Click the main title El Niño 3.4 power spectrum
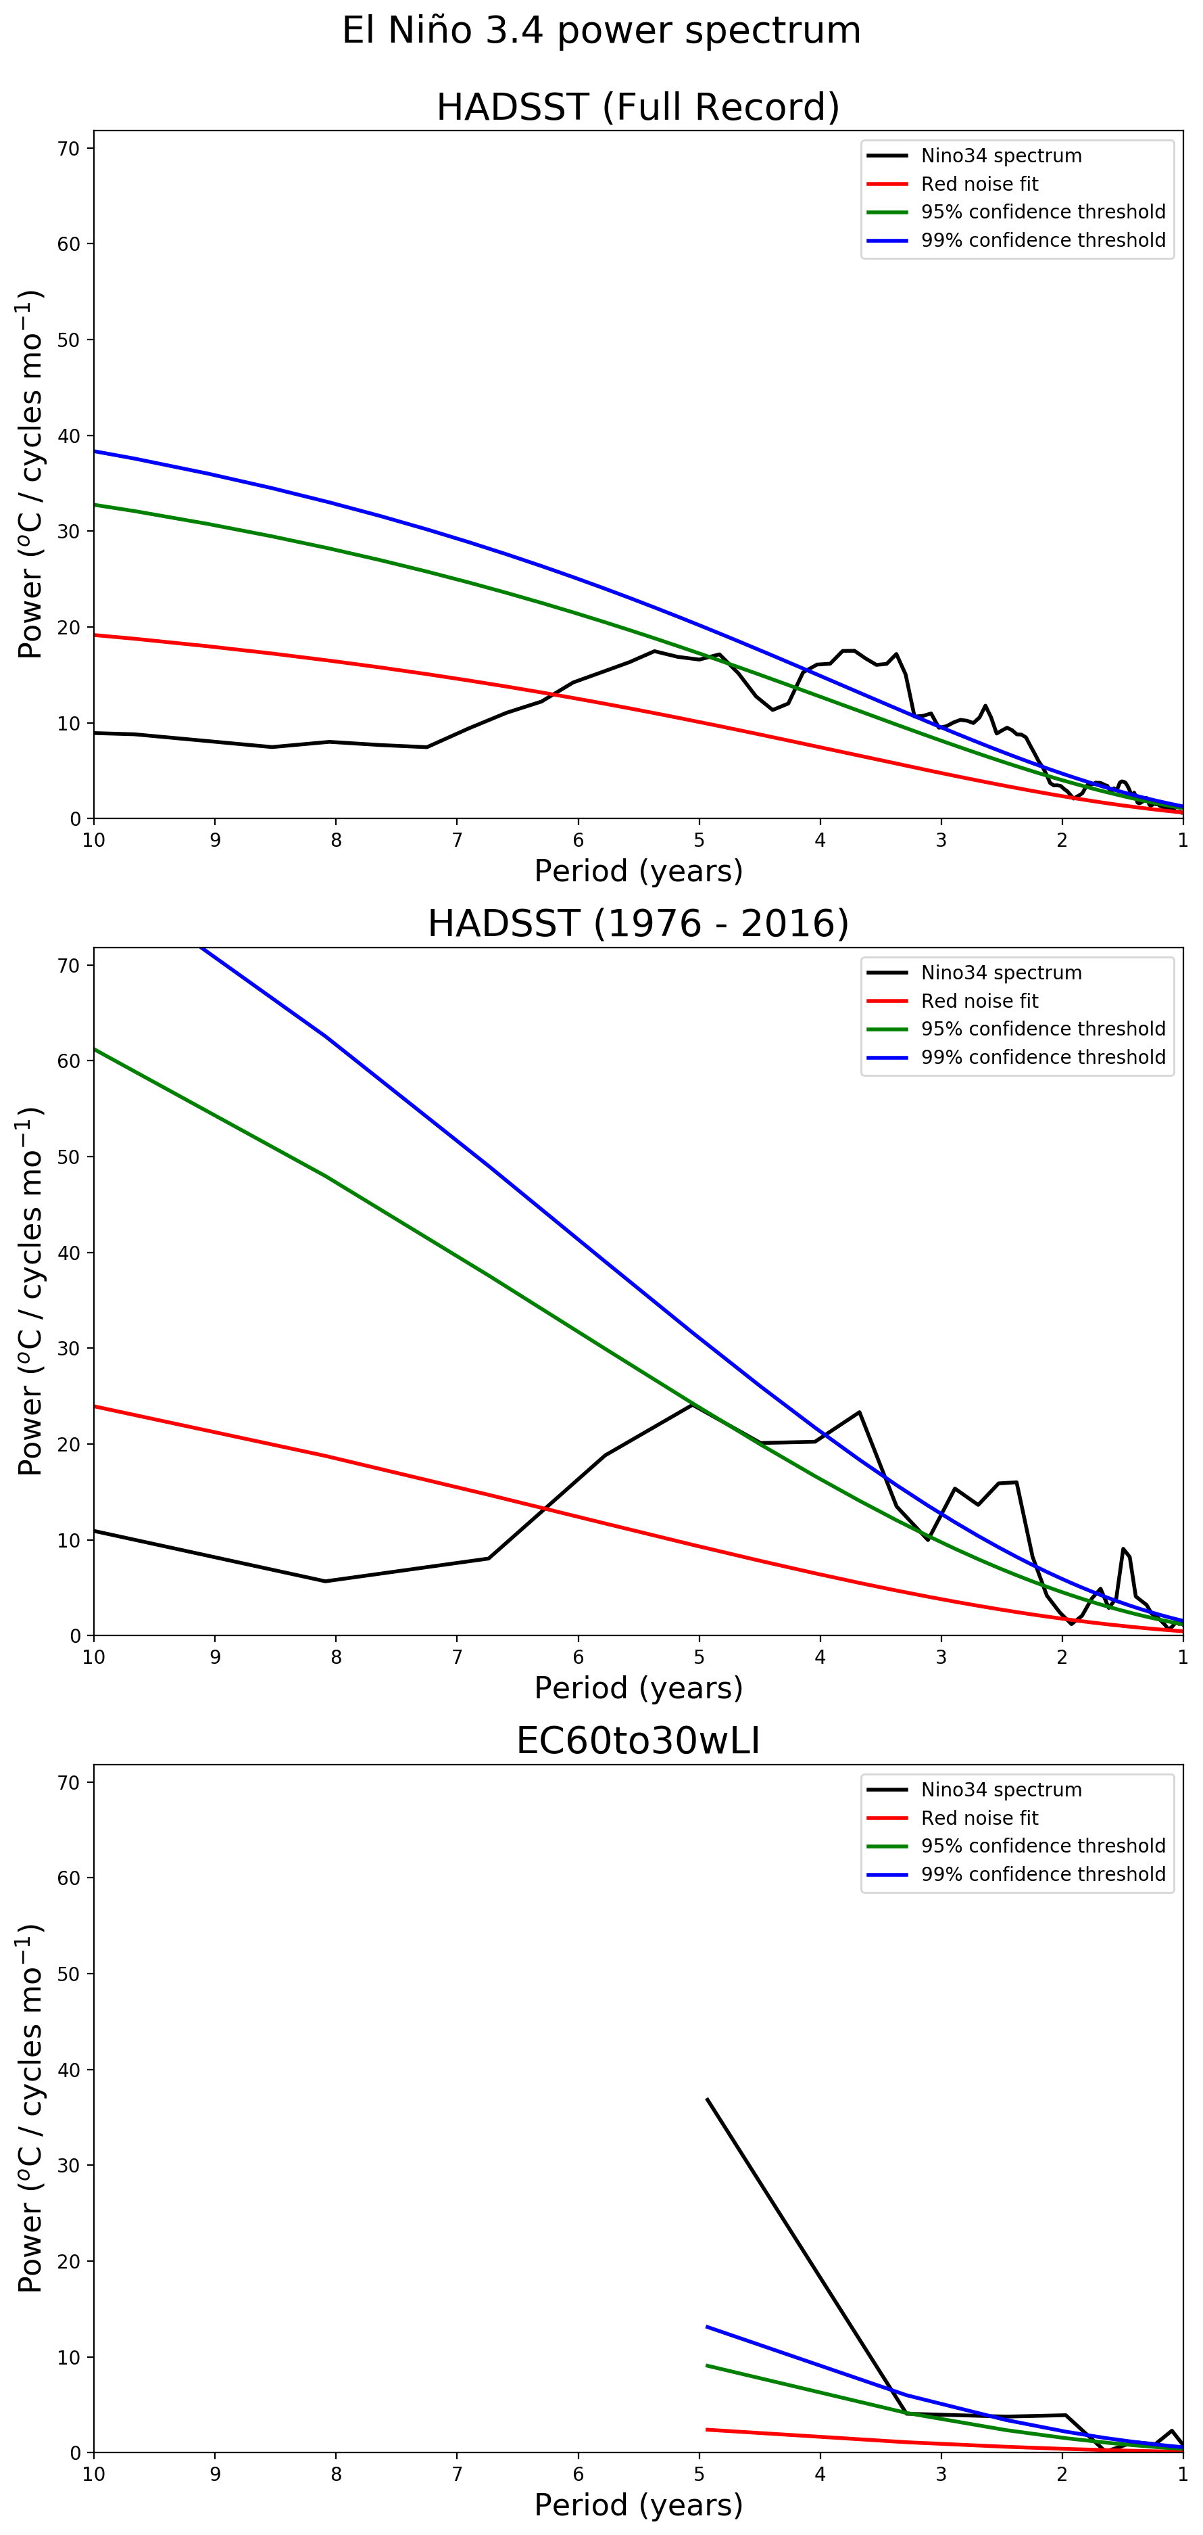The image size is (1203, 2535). point(601,30)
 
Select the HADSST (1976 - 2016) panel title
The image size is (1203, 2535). point(637,924)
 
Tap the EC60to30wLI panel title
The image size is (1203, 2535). point(637,1741)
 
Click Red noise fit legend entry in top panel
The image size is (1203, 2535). point(979,184)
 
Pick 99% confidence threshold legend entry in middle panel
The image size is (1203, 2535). point(1043,1057)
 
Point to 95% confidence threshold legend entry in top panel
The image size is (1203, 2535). point(1043,212)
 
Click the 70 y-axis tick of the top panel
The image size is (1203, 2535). point(69,149)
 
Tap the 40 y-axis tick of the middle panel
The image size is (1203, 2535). point(69,1253)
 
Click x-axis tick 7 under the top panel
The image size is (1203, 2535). point(458,841)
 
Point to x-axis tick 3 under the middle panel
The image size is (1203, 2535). point(941,1657)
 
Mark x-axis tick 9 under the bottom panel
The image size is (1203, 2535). point(214,2474)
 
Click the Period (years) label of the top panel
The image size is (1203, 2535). point(637,871)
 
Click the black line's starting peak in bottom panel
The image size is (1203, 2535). point(707,2099)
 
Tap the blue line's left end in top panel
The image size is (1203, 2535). point(95,450)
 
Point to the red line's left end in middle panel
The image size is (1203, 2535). point(95,1406)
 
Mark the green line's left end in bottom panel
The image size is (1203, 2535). point(707,2366)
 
